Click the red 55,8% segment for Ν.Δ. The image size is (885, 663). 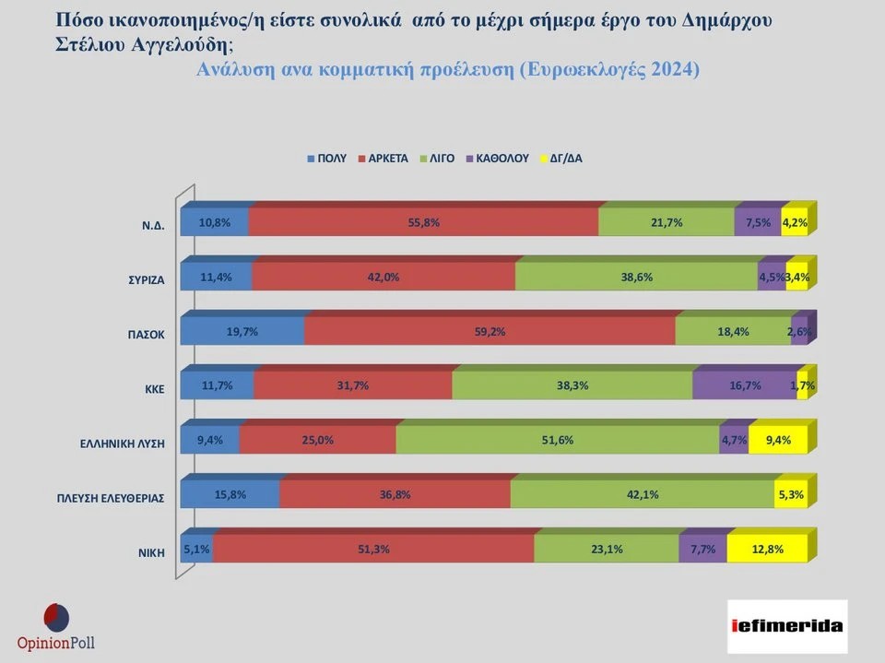(x=423, y=222)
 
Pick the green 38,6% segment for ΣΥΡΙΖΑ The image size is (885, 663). (x=636, y=277)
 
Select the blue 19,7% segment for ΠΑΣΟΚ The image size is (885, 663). (x=242, y=332)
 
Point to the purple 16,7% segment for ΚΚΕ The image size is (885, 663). (x=744, y=386)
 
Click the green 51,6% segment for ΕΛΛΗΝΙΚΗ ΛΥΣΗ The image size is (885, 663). (x=558, y=440)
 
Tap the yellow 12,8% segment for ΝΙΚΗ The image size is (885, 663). (x=767, y=549)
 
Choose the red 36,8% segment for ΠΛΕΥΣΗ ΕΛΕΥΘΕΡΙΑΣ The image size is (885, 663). (x=395, y=494)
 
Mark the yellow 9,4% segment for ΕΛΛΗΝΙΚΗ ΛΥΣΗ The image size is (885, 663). (x=778, y=440)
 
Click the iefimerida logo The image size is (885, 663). (x=786, y=625)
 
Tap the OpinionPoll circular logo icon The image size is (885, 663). (x=56, y=617)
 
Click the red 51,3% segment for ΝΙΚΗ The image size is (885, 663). (x=372, y=549)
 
